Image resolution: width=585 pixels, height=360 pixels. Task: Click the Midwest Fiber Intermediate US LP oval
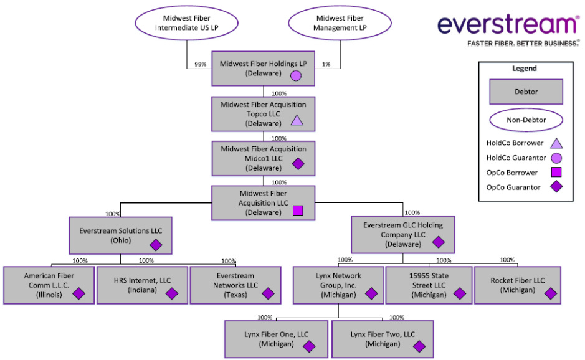pos(187,23)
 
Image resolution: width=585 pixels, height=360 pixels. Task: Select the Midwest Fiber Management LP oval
pos(340,23)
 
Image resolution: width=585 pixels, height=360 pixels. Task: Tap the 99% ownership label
pos(201,64)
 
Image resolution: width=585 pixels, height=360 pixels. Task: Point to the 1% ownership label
pos(326,64)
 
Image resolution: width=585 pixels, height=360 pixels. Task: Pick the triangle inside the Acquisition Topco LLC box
pos(297,120)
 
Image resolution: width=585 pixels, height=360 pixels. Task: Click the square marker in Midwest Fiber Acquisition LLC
pos(298,211)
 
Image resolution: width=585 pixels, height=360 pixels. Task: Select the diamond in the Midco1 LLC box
pos(298,164)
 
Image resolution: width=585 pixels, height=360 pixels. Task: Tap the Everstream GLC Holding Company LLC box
pos(403,234)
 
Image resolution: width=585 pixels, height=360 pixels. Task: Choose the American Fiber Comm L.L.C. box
pos(47,285)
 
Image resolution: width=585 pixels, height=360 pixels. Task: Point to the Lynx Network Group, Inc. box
pos(338,285)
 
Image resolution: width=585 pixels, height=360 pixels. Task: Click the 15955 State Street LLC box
pos(428,285)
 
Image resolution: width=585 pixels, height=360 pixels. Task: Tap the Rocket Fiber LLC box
pos(517,285)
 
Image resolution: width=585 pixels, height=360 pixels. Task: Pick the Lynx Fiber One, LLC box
pos(276,339)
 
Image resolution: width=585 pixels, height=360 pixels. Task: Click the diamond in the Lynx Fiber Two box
pos(419,346)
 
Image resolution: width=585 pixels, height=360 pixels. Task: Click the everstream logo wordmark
pos(508,24)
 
